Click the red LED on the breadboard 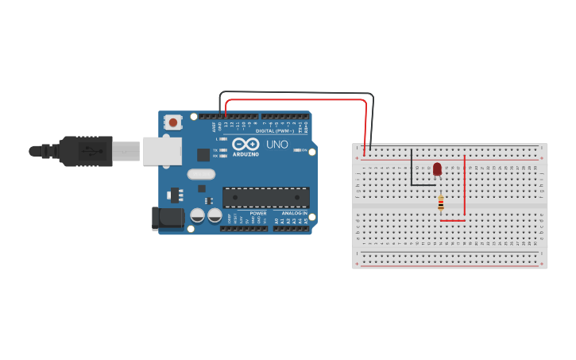[x=437, y=168]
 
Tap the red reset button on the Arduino [x=172, y=122]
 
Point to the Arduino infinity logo [x=245, y=144]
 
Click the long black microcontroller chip [x=265, y=197]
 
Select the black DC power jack [x=163, y=218]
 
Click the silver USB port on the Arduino [x=162, y=150]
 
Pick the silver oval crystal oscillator [x=201, y=174]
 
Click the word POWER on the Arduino [x=258, y=214]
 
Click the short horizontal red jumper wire [x=452, y=221]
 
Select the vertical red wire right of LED [x=465, y=185]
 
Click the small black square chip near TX [x=203, y=154]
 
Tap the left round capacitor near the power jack [x=197, y=215]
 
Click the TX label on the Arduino [x=216, y=149]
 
